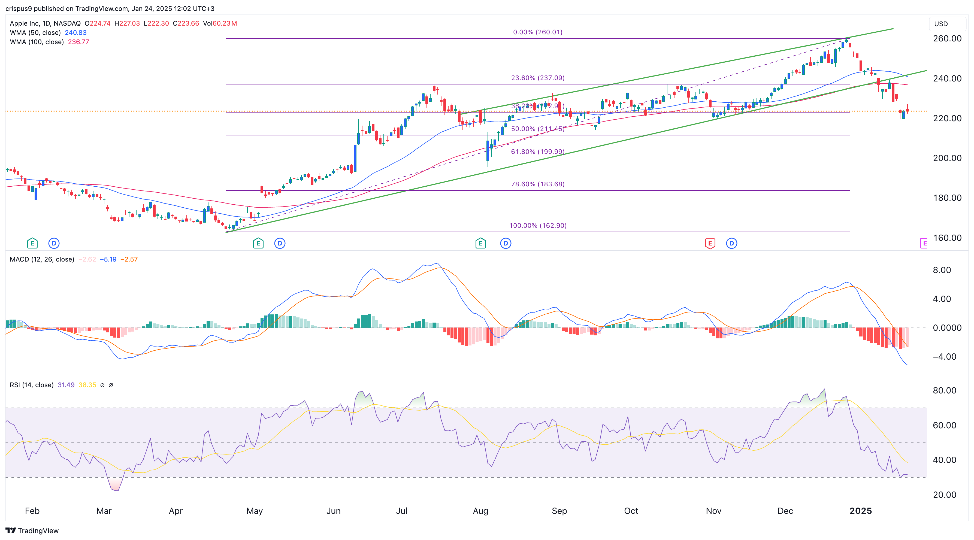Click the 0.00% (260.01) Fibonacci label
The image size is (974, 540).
coord(537,32)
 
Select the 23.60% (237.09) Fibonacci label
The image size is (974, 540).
coord(537,78)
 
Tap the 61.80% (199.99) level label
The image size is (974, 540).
coord(537,151)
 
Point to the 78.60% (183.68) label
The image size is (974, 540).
coord(537,184)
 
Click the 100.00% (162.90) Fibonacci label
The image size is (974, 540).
coord(537,226)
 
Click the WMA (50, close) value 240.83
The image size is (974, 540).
coord(75,32)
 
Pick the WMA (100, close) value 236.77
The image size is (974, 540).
coord(78,42)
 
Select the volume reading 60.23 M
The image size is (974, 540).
coord(225,23)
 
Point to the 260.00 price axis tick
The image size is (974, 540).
coord(947,38)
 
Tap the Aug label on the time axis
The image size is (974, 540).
coord(480,511)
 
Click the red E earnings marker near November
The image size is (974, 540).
coord(710,243)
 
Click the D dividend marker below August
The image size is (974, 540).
coord(506,243)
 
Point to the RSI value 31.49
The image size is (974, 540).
coord(66,385)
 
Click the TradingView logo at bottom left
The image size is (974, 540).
coord(32,530)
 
